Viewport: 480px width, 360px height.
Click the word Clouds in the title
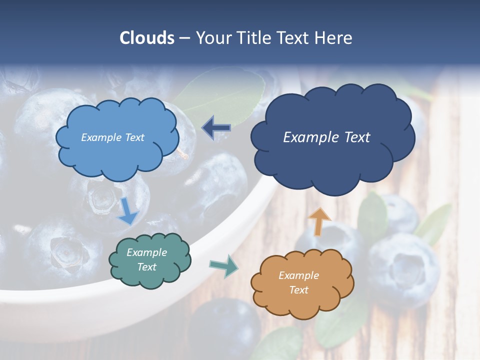click(147, 38)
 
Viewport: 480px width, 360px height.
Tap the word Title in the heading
click(254, 38)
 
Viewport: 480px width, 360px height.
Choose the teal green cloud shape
click(150, 277)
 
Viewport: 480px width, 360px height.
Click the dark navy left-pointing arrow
click(216, 128)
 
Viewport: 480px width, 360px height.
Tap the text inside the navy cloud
click(326, 137)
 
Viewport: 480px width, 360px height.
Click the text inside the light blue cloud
click(112, 137)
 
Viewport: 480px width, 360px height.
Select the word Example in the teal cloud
click(146, 252)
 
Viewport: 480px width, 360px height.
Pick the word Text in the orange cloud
click(298, 290)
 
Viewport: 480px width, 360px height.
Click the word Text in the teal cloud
click(146, 267)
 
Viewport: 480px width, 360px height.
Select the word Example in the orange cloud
click(298, 275)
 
